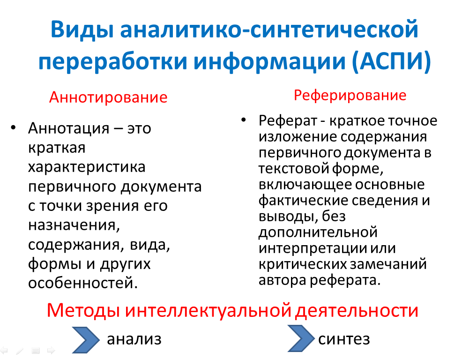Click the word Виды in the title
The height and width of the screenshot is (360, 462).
click(x=82, y=30)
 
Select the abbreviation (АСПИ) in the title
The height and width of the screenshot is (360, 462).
click(x=391, y=61)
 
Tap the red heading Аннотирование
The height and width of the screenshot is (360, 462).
click(x=108, y=97)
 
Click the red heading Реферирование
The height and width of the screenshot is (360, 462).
click(x=350, y=96)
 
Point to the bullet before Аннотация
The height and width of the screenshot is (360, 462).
click(x=13, y=127)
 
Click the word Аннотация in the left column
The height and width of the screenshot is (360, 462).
click(x=69, y=128)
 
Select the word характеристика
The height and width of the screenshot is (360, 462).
click(x=87, y=167)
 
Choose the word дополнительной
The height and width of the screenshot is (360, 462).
click(x=318, y=232)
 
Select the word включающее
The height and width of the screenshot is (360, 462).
click(x=305, y=185)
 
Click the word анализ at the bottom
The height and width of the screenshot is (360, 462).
click(x=134, y=339)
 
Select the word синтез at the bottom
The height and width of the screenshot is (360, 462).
click(x=344, y=339)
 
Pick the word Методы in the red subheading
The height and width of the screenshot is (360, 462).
click(x=83, y=310)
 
